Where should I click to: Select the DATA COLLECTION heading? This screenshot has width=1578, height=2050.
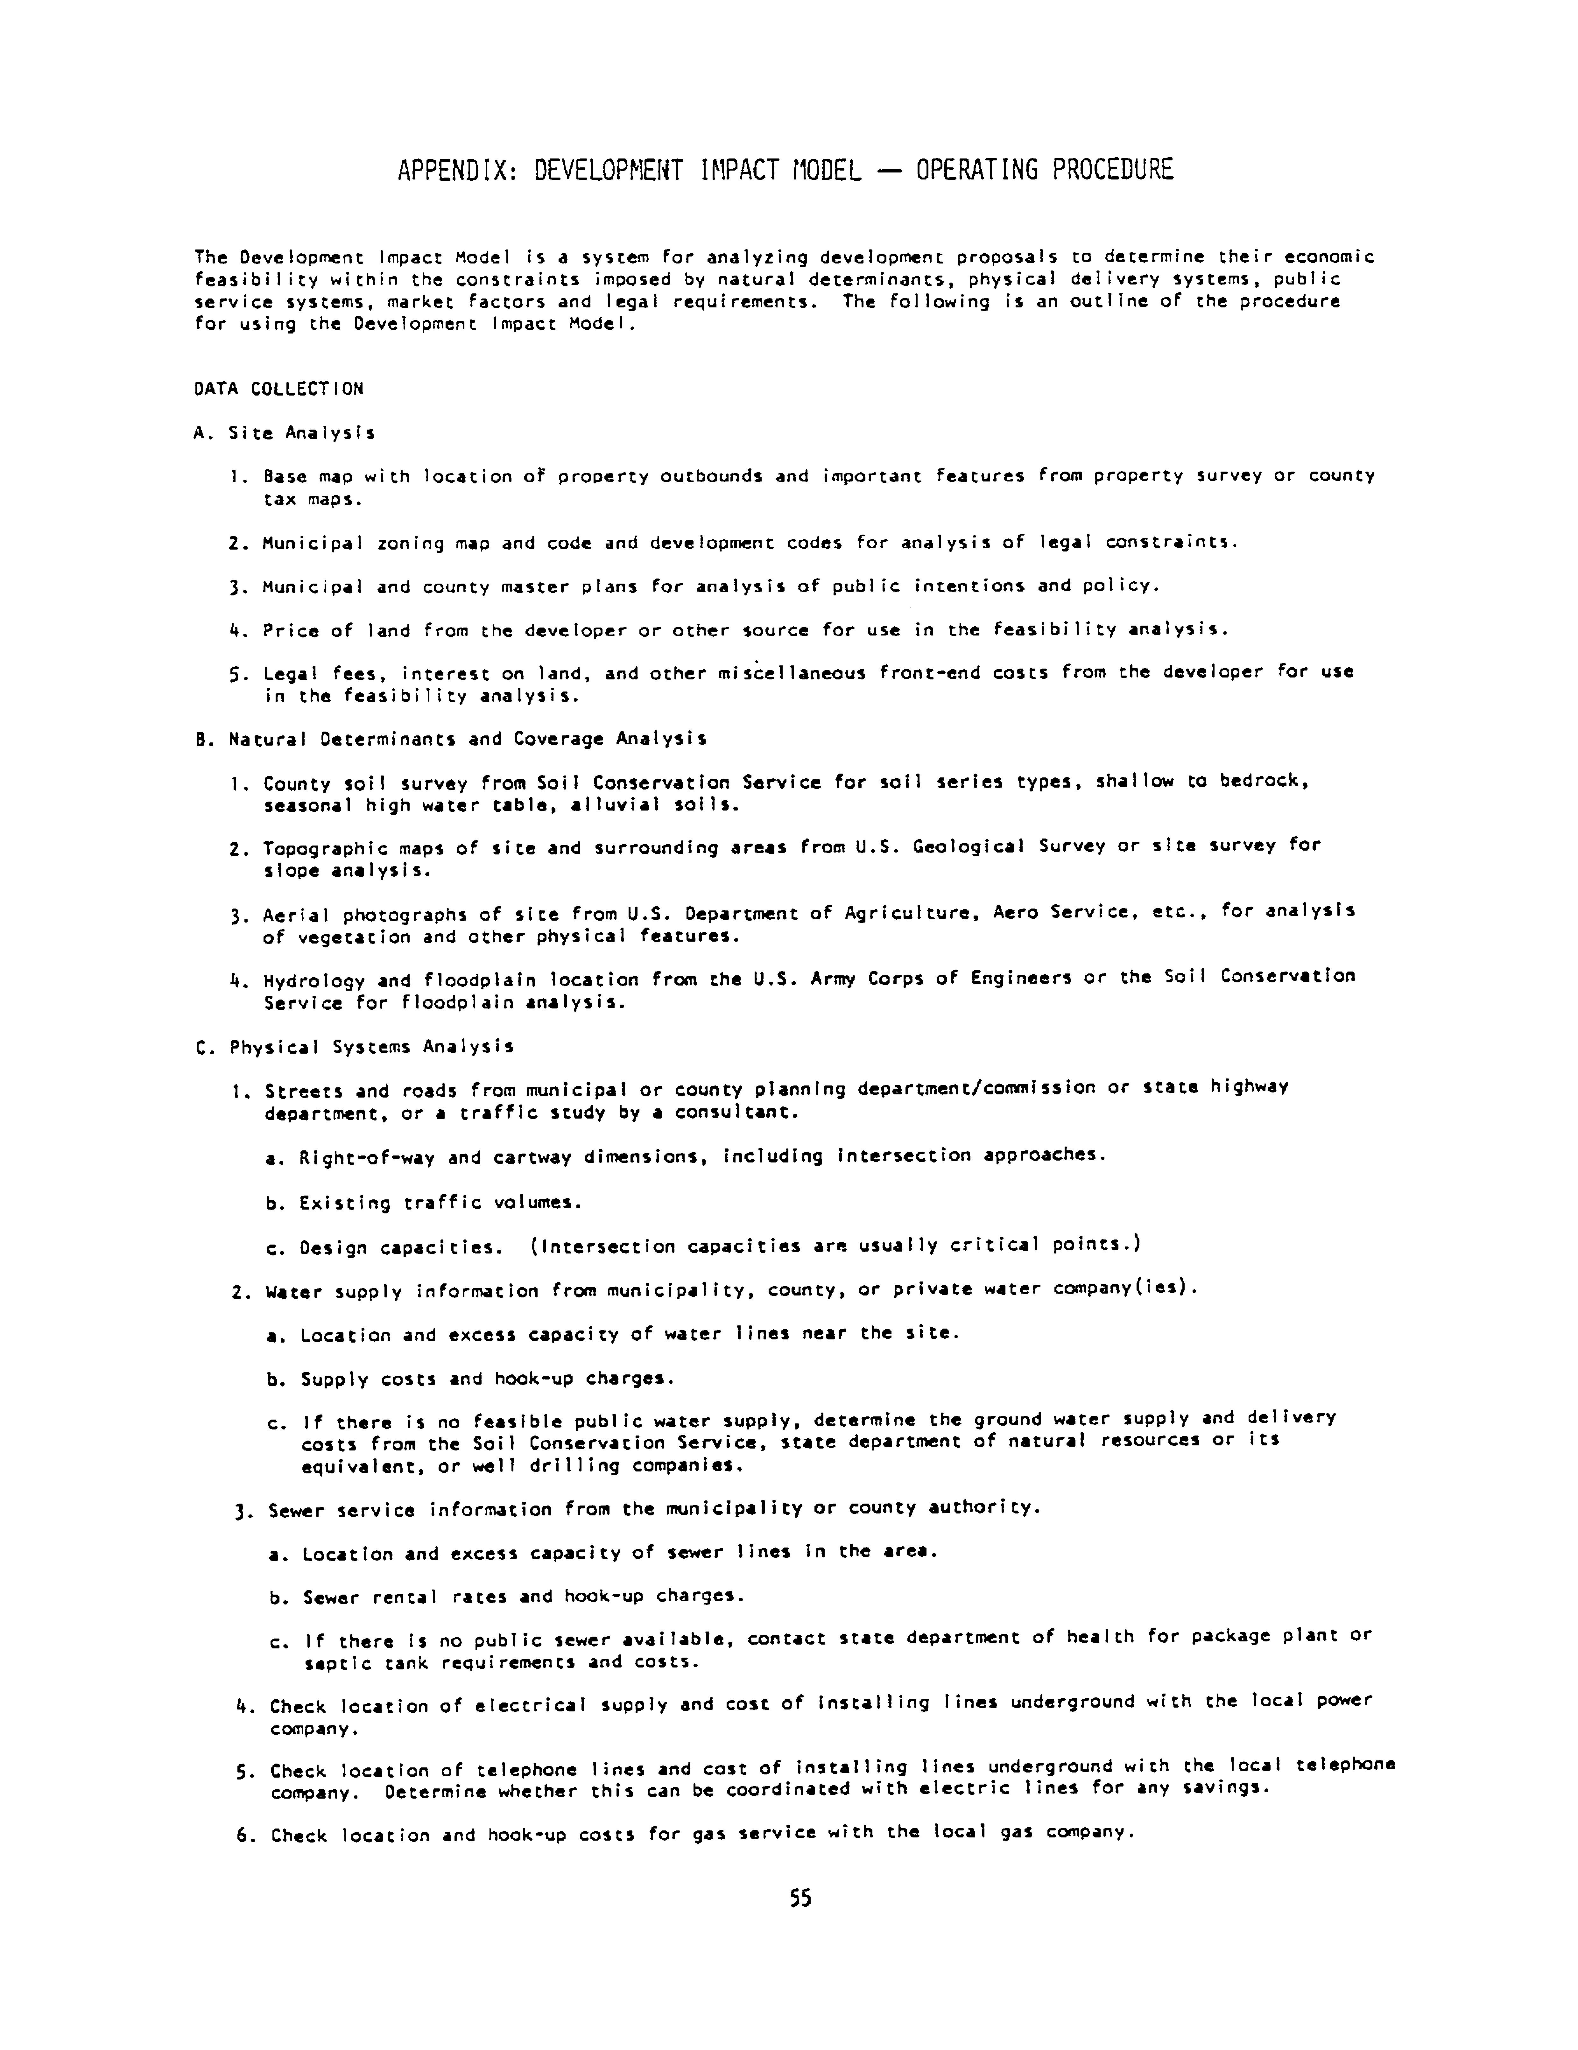(279, 389)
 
